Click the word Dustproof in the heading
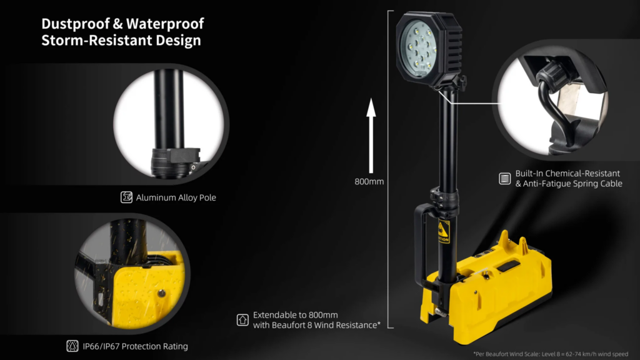tap(76, 24)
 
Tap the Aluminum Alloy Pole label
tap(176, 197)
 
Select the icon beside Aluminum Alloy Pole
tap(126, 197)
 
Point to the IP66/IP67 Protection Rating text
tap(136, 346)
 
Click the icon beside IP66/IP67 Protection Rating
tap(72, 346)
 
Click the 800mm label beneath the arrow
tap(369, 182)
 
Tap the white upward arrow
tap(371, 136)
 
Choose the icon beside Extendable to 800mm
tap(242, 319)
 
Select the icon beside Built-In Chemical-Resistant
tap(505, 178)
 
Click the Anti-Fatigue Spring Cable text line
tap(569, 184)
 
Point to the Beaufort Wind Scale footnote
tap(551, 354)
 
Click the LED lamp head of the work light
tap(429, 48)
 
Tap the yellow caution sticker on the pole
tap(443, 232)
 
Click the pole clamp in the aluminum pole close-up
tap(176, 162)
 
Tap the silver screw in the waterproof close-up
tap(162, 293)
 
